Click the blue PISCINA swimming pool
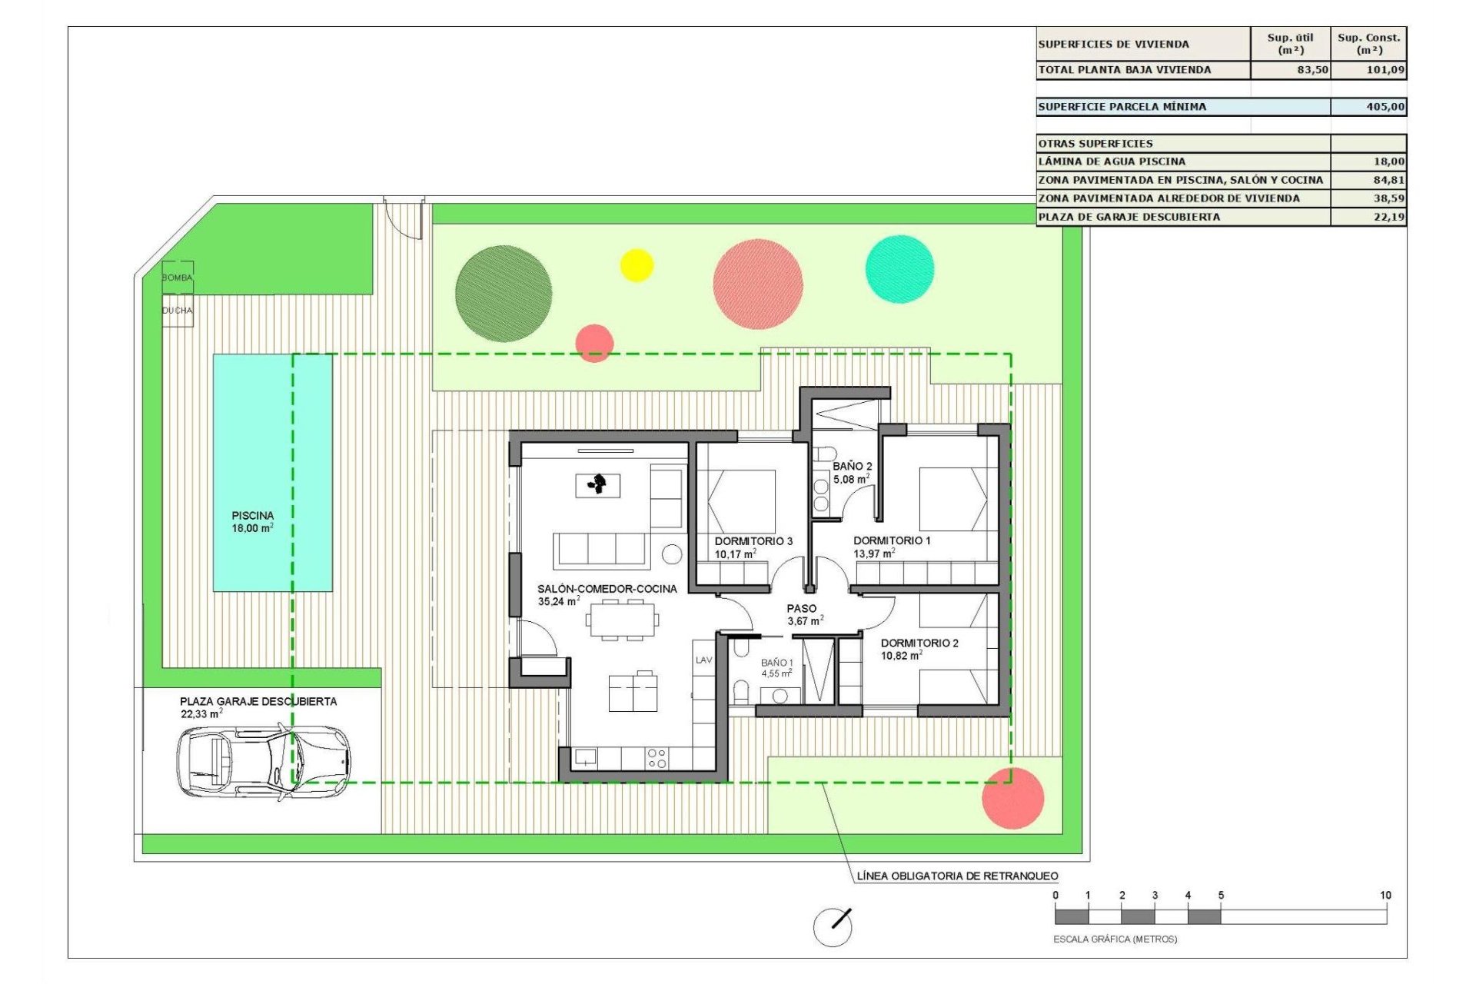click(272, 472)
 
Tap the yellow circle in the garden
click(637, 265)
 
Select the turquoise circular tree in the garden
click(899, 269)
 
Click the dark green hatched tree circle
click(504, 294)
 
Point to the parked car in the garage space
click(264, 761)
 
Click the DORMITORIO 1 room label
click(892, 540)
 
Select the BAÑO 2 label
click(852, 467)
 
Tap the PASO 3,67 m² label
click(803, 614)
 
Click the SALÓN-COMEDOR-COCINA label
click(607, 589)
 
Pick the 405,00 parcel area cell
click(1368, 107)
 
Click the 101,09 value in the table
click(1368, 70)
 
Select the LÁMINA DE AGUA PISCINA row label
click(1112, 161)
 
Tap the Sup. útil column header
click(1290, 44)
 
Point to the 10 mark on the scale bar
click(1385, 895)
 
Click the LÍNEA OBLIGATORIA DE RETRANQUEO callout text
click(957, 876)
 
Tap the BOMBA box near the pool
click(177, 278)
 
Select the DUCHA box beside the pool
click(177, 311)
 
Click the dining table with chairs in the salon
click(623, 620)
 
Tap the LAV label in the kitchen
click(703, 660)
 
